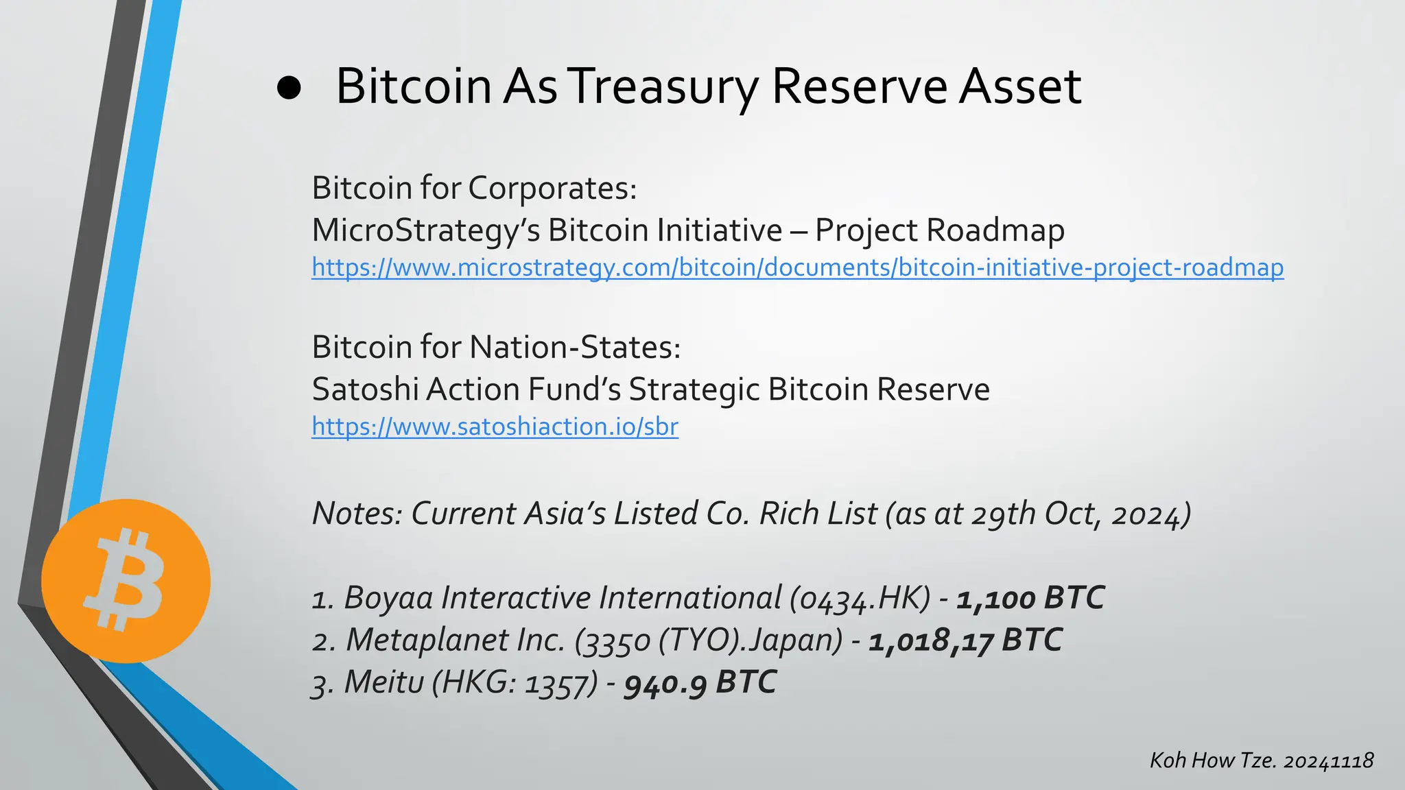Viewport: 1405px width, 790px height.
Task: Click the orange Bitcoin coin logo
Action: coord(126,581)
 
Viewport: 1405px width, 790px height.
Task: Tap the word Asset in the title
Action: coord(1019,88)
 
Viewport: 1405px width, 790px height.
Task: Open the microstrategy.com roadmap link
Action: coord(797,267)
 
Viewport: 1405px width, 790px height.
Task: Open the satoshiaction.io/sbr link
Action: coord(495,427)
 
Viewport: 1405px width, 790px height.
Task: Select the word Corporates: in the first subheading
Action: coord(552,188)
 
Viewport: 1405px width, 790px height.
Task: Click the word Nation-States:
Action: coord(575,347)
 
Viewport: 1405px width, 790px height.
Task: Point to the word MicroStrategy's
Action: coord(425,230)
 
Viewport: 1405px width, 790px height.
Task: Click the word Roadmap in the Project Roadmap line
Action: coord(995,230)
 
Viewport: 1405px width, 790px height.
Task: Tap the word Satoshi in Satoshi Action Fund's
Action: coord(365,390)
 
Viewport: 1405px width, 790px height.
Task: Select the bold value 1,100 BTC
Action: coord(1030,598)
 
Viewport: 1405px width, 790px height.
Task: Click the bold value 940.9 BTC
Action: coord(700,683)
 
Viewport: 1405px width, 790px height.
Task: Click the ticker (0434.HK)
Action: coord(860,598)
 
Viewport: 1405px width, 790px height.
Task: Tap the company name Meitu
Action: coord(384,683)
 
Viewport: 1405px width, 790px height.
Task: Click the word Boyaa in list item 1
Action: coord(388,598)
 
